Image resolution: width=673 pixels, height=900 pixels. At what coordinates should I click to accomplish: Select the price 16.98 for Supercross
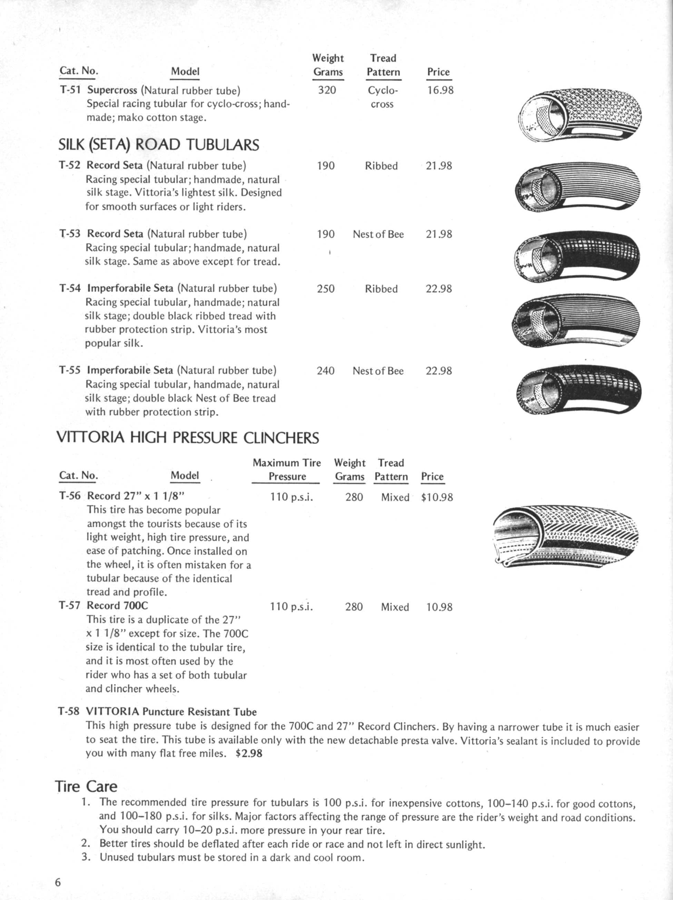(x=440, y=90)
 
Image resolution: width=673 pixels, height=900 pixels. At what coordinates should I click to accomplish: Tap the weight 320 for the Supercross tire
(x=327, y=90)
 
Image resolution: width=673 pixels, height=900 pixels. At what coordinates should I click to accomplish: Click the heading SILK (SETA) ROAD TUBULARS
(x=159, y=145)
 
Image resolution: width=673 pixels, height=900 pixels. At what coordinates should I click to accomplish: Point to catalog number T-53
(x=70, y=234)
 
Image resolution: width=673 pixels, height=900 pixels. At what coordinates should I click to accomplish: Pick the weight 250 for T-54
(x=326, y=289)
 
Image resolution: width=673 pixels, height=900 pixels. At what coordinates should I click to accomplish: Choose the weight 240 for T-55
(x=326, y=371)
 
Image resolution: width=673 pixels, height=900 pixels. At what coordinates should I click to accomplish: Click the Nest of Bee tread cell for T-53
(x=378, y=234)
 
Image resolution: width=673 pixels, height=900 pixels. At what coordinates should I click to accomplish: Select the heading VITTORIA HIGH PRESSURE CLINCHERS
(x=187, y=438)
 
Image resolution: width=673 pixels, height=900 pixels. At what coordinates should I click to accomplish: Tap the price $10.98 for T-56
(x=437, y=497)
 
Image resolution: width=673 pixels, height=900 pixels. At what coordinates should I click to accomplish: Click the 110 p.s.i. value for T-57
(x=291, y=607)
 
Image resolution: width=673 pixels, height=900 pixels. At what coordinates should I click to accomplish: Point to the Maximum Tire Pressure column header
(x=287, y=469)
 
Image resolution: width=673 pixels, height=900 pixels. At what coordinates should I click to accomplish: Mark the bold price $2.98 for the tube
(x=249, y=753)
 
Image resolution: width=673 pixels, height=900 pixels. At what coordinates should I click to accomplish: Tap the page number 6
(x=58, y=882)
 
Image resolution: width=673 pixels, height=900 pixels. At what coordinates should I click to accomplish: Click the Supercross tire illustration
(x=580, y=114)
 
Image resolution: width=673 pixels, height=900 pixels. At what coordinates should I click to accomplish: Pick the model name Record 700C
(x=117, y=605)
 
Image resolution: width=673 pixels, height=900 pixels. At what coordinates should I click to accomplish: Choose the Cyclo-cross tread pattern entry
(x=382, y=97)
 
